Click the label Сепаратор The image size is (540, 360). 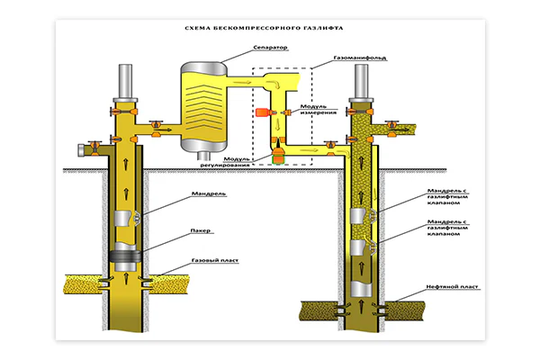pos(270,48)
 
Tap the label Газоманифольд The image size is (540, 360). pos(360,58)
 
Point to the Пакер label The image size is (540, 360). pos(201,230)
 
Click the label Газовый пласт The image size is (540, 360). pos(215,260)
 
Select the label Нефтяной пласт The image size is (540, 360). pos(452,286)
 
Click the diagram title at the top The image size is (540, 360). pos(264,28)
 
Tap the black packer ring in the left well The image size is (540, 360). pos(125,256)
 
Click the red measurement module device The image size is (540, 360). pos(262,112)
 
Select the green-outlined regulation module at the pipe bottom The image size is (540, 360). pos(277,159)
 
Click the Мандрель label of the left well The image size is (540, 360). pos(209,193)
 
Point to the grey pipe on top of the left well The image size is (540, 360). pos(125,81)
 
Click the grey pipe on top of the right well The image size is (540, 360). pos(361,81)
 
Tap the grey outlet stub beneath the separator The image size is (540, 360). pos(204,156)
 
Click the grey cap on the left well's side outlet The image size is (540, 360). pos(81,150)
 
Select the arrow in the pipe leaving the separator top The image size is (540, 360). pos(242,82)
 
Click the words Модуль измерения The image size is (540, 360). pos(319,110)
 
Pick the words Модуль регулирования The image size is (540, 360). pos(225,162)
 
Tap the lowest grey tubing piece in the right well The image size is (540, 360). pos(361,289)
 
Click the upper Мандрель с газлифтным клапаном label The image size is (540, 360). pos(447,197)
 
